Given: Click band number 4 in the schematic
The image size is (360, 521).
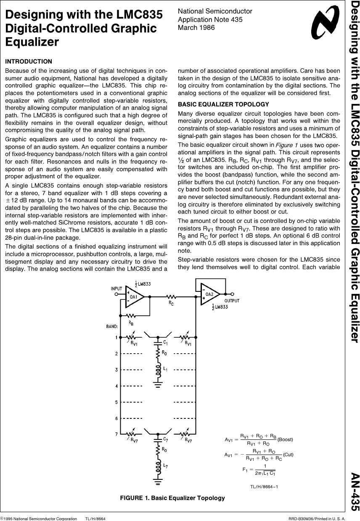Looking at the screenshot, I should [x=116, y=386].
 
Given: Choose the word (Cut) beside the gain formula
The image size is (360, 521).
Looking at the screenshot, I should [x=288, y=455].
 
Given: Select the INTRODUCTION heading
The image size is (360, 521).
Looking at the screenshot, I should [x=29, y=62].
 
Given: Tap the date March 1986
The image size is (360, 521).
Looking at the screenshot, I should [x=196, y=27].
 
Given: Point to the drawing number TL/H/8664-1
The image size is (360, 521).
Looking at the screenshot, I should [x=264, y=487].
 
